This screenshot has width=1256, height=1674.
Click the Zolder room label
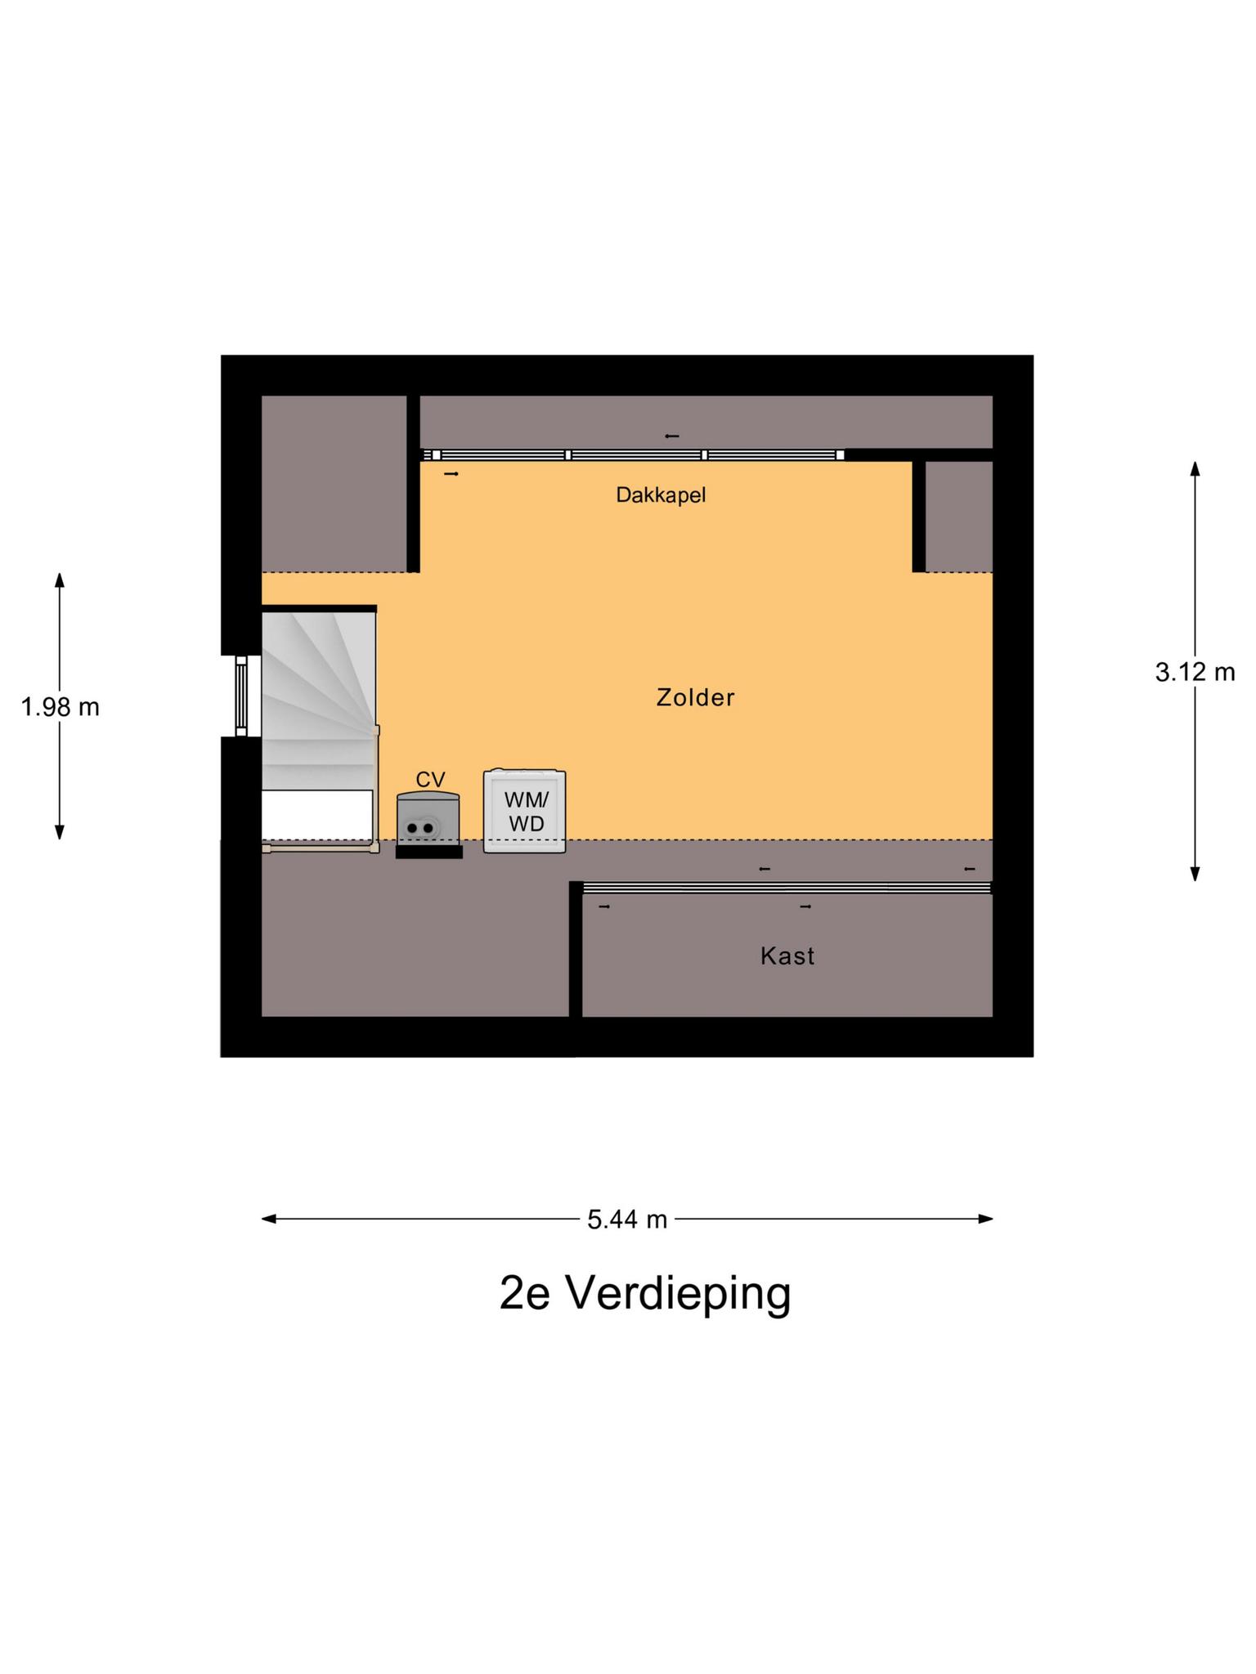(x=695, y=697)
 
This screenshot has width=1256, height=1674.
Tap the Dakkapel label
(x=661, y=495)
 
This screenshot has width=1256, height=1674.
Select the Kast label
(x=787, y=956)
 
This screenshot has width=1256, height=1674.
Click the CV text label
(x=430, y=780)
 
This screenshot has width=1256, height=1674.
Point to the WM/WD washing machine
(x=525, y=812)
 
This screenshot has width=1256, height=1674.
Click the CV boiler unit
(x=428, y=817)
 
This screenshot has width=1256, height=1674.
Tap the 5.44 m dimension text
(x=627, y=1220)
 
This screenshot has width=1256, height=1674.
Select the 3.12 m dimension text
(x=1195, y=673)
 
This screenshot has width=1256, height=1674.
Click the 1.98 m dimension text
(x=60, y=707)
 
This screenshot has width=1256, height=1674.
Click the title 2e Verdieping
(x=645, y=1294)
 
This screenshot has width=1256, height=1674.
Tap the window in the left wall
(x=241, y=696)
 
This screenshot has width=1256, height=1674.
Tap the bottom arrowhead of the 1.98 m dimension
(x=60, y=833)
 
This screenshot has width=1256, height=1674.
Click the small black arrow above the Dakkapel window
(x=672, y=436)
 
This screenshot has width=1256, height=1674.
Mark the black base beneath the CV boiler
(x=429, y=852)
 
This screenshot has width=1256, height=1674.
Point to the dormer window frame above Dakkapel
(x=633, y=455)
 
